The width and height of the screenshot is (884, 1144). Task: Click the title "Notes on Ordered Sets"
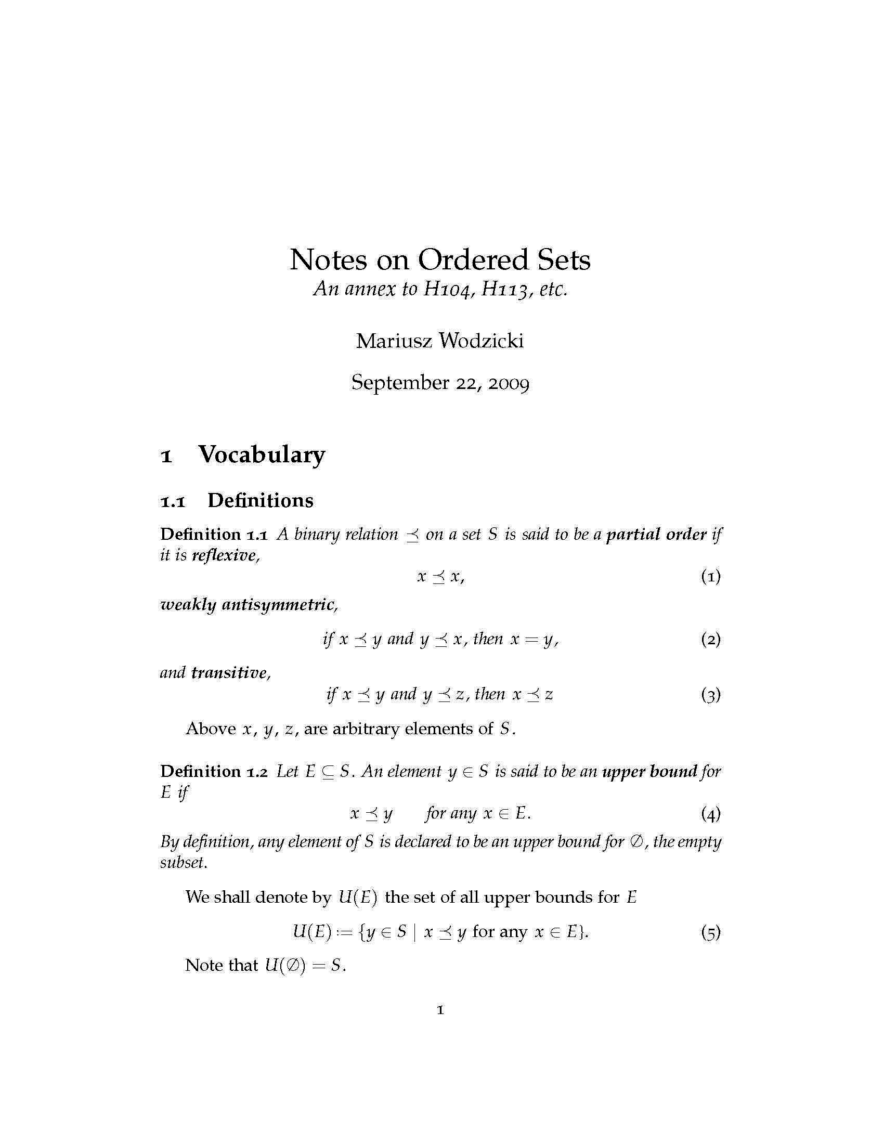[440, 260]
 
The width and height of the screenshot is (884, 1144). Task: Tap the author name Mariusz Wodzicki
[440, 342]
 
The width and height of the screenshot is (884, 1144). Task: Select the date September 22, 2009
[440, 383]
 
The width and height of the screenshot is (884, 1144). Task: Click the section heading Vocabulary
[262, 454]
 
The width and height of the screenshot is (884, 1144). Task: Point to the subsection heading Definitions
[261, 501]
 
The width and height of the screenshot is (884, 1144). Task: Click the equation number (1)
[711, 577]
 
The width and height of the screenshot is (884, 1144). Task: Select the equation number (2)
[711, 640]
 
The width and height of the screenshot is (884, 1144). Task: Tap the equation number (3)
[711, 695]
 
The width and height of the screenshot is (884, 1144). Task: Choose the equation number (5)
[711, 933]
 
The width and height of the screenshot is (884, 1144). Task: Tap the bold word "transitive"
[229, 672]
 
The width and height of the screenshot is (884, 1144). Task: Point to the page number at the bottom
[440, 1010]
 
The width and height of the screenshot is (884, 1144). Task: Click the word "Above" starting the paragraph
[211, 729]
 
